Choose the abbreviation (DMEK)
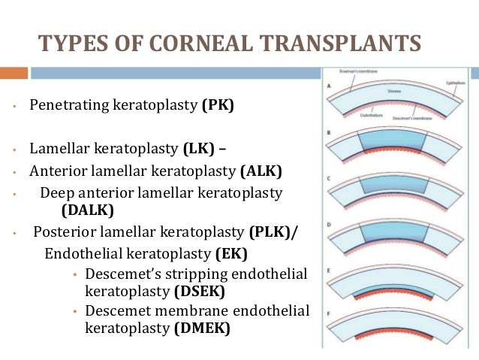pos(201,328)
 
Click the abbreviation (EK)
pos(230,252)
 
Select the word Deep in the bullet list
pos(56,193)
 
